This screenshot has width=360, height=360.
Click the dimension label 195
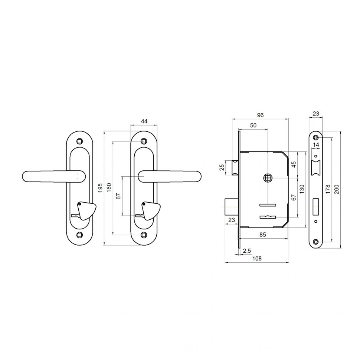click(100, 188)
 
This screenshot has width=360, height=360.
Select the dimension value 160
click(109, 187)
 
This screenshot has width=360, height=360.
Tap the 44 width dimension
click(144, 121)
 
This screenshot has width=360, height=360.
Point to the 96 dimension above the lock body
click(260, 115)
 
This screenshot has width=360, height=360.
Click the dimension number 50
click(253, 125)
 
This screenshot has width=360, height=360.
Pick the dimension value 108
click(257, 259)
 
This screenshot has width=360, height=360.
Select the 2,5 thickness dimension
click(247, 251)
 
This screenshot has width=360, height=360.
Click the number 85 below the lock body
click(262, 235)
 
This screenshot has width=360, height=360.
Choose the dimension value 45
click(294, 165)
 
